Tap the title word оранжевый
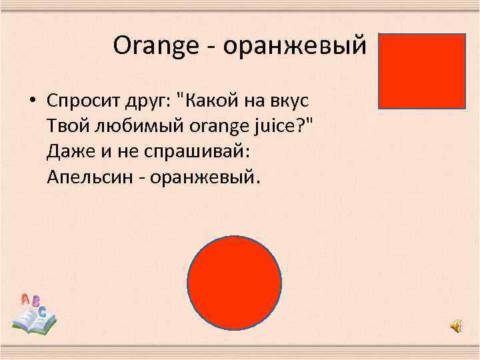click(295, 47)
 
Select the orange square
click(422, 71)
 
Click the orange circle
click(234, 283)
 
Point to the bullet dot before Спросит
click(31, 101)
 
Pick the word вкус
click(291, 101)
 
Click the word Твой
click(65, 126)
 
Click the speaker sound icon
click(456, 325)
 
